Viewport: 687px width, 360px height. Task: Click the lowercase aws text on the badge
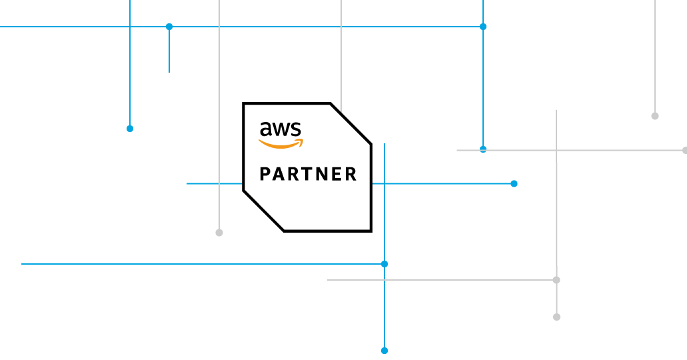tap(281, 129)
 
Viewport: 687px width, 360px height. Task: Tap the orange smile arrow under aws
tap(281, 143)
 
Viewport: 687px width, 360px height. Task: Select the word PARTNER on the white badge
tap(308, 175)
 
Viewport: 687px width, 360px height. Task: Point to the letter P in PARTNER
tap(265, 175)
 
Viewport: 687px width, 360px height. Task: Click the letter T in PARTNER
tap(309, 175)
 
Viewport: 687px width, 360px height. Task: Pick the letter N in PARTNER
tap(323, 175)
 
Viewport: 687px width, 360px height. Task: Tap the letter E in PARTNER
tap(337, 175)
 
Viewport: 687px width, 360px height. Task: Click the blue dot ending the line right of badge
tap(514, 183)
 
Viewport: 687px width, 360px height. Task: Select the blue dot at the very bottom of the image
tap(384, 351)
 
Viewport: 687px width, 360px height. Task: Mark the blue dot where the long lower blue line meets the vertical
tap(384, 264)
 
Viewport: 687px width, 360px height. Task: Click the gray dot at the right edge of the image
tap(684, 150)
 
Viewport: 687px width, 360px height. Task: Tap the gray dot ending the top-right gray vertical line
tap(655, 116)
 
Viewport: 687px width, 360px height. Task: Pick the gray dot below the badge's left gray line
tap(219, 233)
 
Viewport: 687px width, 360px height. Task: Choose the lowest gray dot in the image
tap(556, 317)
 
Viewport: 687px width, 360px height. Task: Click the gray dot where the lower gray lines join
tap(556, 280)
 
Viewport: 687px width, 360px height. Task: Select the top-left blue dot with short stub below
tap(169, 27)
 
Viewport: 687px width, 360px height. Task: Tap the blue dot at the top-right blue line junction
tap(483, 27)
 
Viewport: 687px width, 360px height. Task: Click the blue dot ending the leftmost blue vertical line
tap(130, 129)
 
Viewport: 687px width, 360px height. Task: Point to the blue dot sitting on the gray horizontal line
tap(483, 149)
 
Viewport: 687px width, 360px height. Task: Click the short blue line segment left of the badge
tap(214, 183)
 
